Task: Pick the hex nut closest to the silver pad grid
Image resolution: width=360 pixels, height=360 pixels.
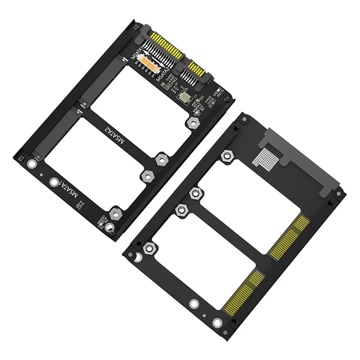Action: [x=227, y=156]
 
